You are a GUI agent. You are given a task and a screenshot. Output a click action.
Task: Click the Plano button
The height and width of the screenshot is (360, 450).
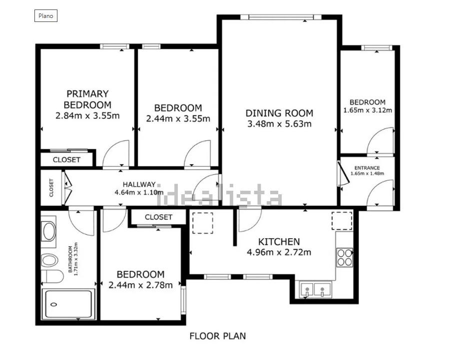46,16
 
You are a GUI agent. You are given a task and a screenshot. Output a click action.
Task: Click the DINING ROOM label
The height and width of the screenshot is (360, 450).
279,113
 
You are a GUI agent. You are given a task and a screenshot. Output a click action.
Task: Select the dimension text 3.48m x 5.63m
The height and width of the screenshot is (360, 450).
279,124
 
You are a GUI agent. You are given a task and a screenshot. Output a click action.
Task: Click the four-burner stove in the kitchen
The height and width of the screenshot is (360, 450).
345,257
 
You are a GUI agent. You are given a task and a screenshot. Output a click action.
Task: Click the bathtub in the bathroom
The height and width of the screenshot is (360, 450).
69,305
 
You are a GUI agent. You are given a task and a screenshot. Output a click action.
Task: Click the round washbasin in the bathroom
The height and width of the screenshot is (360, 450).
49,231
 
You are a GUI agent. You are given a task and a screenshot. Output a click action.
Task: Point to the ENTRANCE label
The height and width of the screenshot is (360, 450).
367,168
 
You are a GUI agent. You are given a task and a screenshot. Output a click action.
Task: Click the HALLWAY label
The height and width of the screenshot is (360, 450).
140,184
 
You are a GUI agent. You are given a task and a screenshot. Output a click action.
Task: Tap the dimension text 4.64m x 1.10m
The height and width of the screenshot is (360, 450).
140,192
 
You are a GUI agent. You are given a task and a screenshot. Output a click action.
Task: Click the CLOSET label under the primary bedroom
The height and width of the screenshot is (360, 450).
66,160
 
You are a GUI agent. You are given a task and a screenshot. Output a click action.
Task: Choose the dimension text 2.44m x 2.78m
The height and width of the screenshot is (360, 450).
140,285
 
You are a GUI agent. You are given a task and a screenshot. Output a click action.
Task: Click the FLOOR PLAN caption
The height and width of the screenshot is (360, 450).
218,336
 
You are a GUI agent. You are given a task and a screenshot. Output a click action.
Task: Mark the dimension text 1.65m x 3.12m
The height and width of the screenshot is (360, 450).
368,110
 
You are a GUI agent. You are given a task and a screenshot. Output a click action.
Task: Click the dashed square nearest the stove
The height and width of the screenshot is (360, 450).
342,221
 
